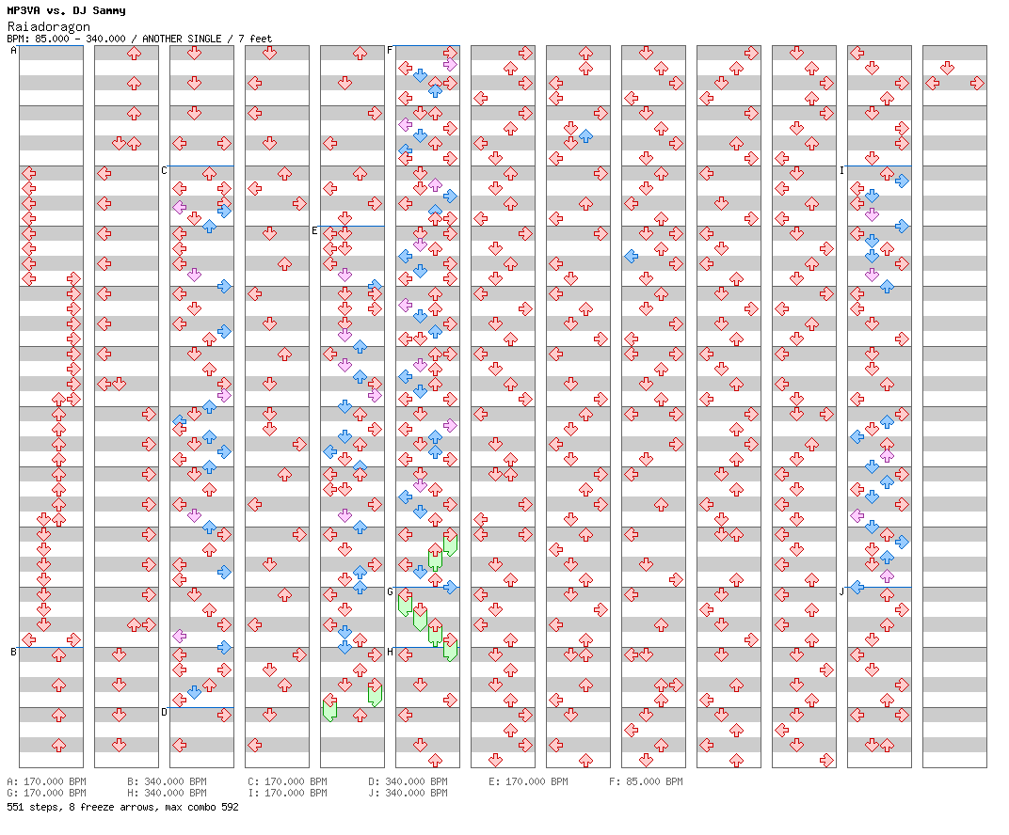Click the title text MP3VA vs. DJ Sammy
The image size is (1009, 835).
click(x=66, y=10)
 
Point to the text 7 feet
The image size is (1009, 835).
click(x=255, y=39)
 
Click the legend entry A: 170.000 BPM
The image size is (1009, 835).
click(x=46, y=781)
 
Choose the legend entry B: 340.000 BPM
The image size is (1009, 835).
click(x=167, y=781)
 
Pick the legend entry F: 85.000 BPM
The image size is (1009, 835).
click(x=647, y=781)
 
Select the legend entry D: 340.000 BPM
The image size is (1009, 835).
click(x=408, y=781)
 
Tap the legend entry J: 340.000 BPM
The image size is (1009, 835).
click(x=408, y=793)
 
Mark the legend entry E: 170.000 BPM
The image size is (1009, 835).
click(x=528, y=781)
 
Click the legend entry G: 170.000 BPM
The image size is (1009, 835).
click(x=46, y=793)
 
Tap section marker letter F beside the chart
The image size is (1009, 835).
click(x=390, y=50)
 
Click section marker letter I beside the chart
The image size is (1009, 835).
click(x=841, y=170)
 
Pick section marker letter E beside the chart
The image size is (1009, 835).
click(x=314, y=230)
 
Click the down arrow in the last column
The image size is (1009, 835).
click(x=947, y=68)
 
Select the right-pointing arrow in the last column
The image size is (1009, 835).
click(x=977, y=83)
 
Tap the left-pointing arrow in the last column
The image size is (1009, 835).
click(x=932, y=83)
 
